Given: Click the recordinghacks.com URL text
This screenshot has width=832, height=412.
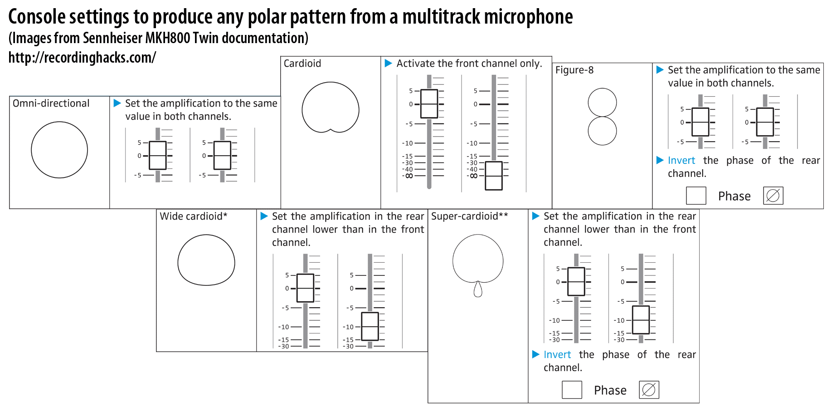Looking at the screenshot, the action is (82, 58).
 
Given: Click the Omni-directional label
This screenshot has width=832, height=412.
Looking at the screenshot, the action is (51, 103).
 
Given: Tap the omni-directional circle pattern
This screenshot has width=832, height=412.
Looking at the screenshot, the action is (59, 122).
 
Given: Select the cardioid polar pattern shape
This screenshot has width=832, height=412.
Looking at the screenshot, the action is (331, 82).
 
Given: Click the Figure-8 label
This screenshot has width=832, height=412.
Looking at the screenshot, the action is (574, 70).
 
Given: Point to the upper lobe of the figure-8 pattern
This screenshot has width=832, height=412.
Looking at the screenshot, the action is (602, 88).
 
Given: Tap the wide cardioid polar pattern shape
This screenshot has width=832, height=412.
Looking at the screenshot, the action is (206, 235).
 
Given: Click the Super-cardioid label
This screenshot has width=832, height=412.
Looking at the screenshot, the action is (470, 216).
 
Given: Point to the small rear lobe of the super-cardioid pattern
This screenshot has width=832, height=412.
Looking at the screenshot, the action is (478, 289).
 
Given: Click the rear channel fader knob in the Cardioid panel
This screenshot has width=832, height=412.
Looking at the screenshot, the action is (494, 176).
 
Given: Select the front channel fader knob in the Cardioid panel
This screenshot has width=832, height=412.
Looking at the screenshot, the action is (429, 104).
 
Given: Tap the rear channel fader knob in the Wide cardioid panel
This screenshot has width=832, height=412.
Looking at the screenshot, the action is (370, 326).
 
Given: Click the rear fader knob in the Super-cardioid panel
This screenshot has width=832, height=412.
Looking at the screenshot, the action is (641, 320).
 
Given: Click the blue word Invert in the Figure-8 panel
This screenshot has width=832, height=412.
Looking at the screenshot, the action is (681, 161).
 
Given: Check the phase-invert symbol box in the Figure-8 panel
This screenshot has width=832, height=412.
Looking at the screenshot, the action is (773, 196).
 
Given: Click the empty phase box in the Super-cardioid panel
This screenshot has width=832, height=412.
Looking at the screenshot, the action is (572, 390).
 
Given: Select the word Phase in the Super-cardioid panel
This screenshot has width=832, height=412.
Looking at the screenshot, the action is (610, 390).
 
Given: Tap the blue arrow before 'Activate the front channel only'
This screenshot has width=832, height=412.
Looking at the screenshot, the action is (389, 63).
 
